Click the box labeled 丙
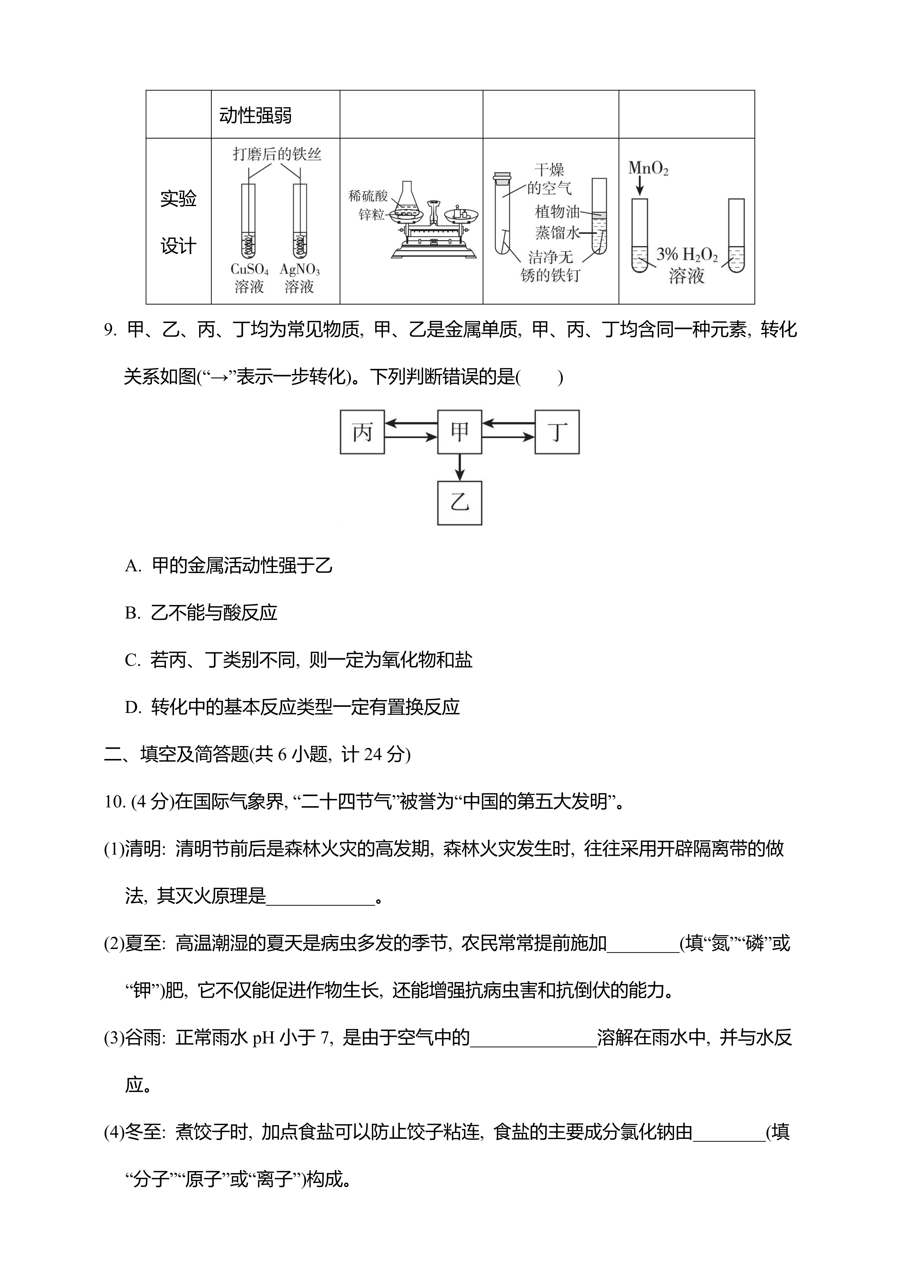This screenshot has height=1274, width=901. [362, 432]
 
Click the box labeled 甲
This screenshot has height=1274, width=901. [459, 432]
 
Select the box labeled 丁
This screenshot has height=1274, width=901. [557, 432]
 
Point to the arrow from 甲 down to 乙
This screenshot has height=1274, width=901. [459, 467]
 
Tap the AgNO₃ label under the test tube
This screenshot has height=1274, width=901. [300, 270]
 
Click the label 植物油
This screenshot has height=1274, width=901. [557, 212]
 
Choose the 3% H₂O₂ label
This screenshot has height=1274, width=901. [687, 255]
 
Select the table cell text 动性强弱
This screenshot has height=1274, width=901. [255, 115]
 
